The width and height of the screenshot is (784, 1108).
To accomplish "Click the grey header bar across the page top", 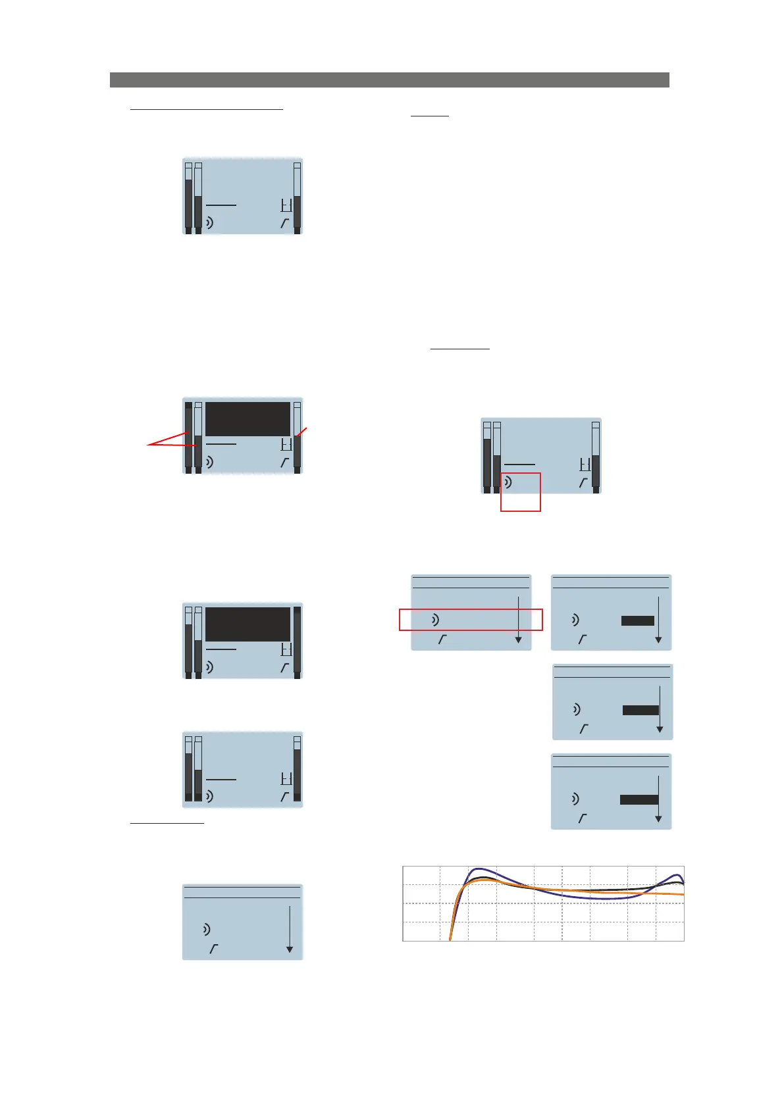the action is click(x=389, y=80).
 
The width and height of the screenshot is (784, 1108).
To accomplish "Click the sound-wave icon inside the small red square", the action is click(x=508, y=483).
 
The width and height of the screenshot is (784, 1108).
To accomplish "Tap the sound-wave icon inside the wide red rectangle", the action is click(x=435, y=620).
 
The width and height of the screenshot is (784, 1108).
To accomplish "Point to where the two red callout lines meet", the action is click(x=149, y=445).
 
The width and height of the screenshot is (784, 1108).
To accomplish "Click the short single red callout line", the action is click(x=301, y=432).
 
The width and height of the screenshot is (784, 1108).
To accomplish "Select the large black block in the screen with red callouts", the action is click(x=248, y=419).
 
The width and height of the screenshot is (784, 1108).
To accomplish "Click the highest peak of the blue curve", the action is click(x=475, y=869).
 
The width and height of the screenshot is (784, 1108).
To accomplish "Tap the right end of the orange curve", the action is click(x=683, y=895).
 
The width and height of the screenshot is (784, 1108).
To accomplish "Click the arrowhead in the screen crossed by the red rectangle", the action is click(x=518, y=640).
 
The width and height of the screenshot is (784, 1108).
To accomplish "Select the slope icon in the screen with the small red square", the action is click(x=583, y=483).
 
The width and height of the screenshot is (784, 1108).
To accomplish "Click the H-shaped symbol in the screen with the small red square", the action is click(x=585, y=465).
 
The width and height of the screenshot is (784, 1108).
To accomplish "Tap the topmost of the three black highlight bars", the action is click(x=638, y=620).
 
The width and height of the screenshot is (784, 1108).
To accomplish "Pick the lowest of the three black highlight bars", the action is click(x=639, y=799).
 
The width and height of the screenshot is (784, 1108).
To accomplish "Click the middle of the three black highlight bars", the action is click(x=640, y=710).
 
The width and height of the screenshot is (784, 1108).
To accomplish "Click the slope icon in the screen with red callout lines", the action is click(x=284, y=463).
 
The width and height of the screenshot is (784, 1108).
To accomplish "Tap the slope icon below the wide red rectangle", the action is click(x=442, y=640).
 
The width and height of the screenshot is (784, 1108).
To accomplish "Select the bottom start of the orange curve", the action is click(x=450, y=940).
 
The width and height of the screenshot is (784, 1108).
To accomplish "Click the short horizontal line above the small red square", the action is click(x=519, y=465).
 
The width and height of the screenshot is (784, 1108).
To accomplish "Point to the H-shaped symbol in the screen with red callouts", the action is click(x=286, y=444).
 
